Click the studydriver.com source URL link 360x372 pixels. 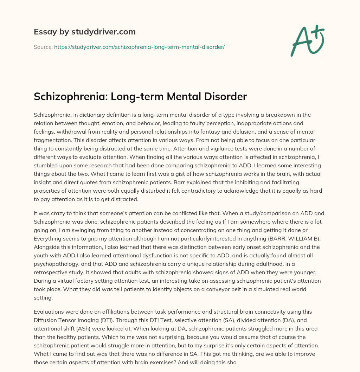coord(139,47)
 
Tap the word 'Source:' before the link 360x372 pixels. coord(43,47)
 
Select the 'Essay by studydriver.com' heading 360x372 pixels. coord(85,32)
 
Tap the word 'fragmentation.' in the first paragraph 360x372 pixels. coord(52,140)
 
